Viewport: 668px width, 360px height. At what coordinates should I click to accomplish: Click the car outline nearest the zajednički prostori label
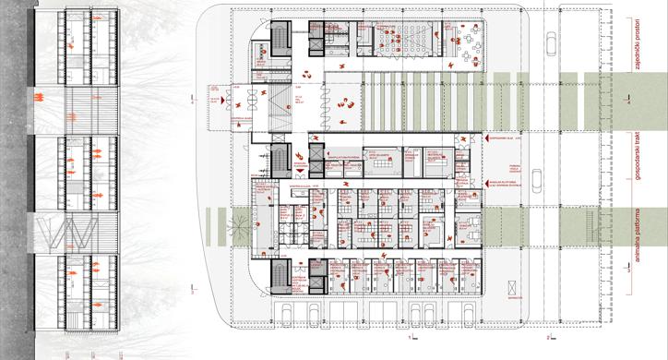point(549,43)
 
